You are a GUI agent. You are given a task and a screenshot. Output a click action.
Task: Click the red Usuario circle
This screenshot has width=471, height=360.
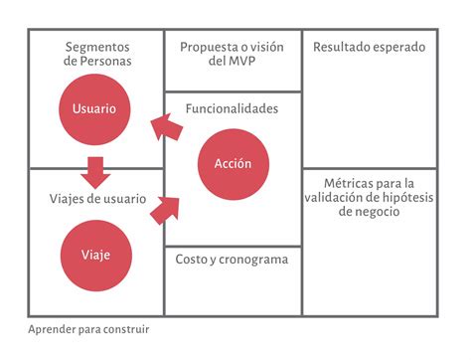94,108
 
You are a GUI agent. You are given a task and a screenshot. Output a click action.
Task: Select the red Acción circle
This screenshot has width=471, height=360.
232,163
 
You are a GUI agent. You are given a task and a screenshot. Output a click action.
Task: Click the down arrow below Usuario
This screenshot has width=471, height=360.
95,172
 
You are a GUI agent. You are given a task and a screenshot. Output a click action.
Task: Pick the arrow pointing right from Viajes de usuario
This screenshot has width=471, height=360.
166,208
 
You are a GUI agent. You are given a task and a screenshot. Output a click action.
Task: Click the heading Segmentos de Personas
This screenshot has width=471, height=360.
96,54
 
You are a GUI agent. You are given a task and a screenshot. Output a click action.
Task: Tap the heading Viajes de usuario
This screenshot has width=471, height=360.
96,197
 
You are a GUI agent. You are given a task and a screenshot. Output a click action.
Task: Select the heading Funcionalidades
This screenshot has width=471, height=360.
232,108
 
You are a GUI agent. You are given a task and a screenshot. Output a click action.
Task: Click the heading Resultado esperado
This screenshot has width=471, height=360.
370,47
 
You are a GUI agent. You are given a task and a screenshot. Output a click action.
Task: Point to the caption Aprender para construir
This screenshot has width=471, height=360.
89,328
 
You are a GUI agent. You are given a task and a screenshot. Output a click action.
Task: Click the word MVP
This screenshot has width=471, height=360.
244,62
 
